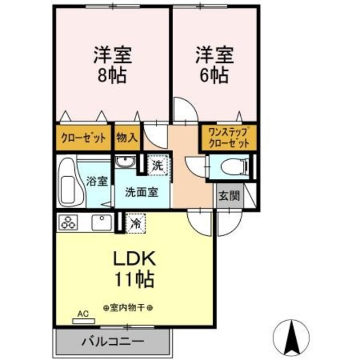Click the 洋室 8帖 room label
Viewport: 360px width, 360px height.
tap(112, 65)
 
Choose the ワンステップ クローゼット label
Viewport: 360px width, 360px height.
tap(228, 138)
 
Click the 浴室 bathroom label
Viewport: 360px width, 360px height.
tap(97, 181)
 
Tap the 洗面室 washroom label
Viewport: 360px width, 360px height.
tap(141, 191)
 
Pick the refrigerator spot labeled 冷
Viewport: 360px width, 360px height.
tap(135, 222)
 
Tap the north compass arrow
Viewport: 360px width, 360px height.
tap(292, 337)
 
